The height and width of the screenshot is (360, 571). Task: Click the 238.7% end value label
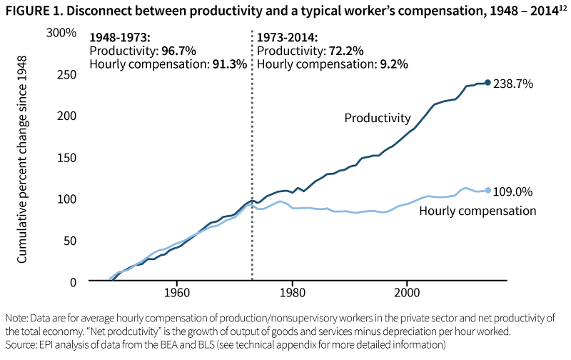pyautogui.click(x=513, y=84)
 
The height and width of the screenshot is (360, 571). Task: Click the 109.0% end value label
pyautogui.click(x=513, y=191)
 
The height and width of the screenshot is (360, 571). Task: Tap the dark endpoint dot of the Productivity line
pyautogui.click(x=488, y=83)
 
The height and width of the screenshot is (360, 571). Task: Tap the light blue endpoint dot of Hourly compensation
pyautogui.click(x=488, y=190)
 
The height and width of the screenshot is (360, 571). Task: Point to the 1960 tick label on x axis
pyautogui.click(x=176, y=294)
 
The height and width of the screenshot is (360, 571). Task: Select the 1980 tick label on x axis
pyautogui.click(x=292, y=294)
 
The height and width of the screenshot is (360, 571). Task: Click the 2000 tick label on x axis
pyautogui.click(x=408, y=294)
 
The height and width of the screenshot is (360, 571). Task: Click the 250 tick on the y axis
pyautogui.click(x=65, y=74)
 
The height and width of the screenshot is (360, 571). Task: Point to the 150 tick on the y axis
pyautogui.click(x=65, y=157)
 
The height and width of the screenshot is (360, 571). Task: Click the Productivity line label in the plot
pyautogui.click(x=378, y=118)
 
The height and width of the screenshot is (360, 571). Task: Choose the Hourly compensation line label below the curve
pyautogui.click(x=477, y=211)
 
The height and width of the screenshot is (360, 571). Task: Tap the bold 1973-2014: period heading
pyautogui.click(x=288, y=38)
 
